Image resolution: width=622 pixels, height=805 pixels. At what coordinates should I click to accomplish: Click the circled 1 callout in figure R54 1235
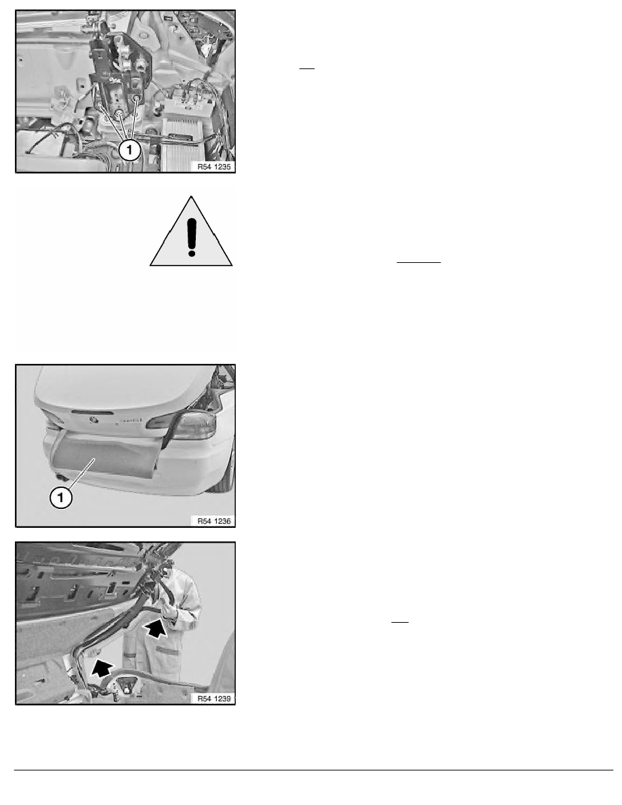129,149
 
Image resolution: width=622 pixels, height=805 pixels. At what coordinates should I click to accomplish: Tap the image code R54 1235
214,166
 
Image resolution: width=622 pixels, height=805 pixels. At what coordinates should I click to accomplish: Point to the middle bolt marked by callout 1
119,113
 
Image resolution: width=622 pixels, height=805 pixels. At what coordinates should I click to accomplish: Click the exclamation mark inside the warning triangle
192,236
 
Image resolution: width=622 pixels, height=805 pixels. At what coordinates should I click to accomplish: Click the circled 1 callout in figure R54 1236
60,497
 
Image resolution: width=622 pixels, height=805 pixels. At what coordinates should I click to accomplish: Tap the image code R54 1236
214,521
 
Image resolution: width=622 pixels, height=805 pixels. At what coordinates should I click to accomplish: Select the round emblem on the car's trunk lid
94,421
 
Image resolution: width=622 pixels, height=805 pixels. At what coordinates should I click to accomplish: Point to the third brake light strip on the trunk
93,412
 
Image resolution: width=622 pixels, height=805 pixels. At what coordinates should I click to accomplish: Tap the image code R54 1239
214,699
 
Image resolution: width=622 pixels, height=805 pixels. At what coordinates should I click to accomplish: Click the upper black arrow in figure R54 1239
155,628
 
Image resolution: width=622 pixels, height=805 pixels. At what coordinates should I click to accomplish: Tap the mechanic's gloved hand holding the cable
169,611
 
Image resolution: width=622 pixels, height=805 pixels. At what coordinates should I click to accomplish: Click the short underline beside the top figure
306,68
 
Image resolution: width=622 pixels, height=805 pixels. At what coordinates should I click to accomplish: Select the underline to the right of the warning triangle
419,262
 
